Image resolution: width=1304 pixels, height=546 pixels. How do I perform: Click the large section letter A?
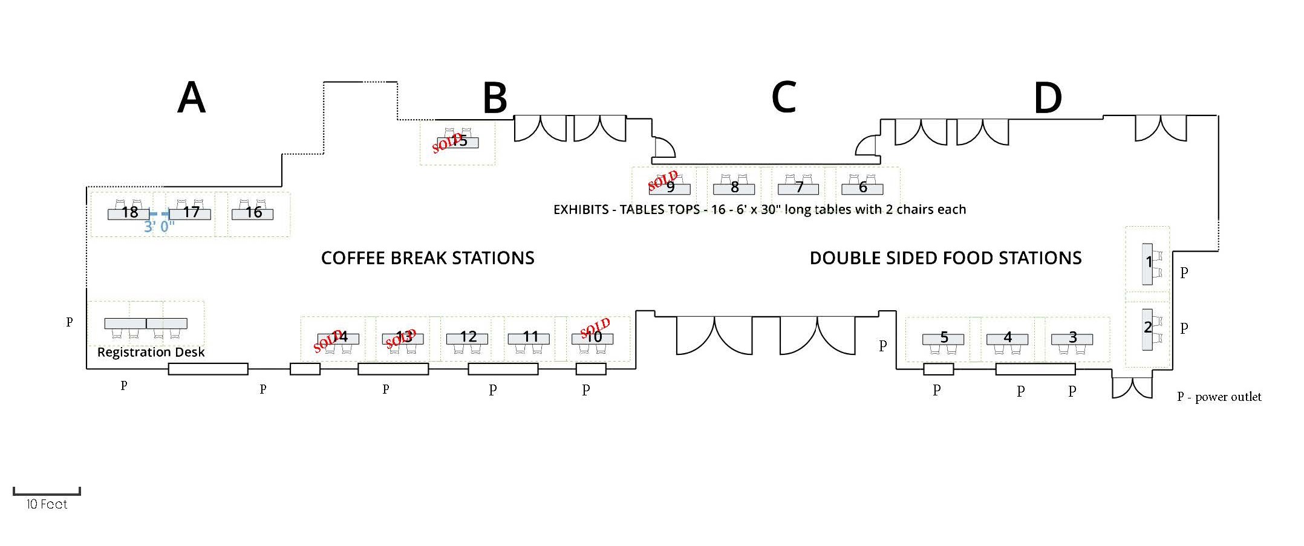click(191, 98)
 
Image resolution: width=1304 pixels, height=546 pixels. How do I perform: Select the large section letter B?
click(495, 99)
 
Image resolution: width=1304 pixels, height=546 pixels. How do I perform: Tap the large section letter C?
click(783, 97)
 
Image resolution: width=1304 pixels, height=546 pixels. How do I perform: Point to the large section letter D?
click(1048, 99)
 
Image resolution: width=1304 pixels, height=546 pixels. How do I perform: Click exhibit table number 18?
click(129, 213)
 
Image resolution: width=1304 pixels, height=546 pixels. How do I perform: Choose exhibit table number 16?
click(253, 213)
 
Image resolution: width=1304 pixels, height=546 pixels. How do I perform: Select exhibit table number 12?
click(468, 337)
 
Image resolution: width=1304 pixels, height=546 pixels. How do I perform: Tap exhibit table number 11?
click(530, 337)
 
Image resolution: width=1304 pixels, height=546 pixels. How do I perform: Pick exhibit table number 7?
click(798, 187)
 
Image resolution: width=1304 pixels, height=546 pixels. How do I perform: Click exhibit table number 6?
click(862, 187)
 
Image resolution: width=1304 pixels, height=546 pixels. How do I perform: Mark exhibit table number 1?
click(1148, 263)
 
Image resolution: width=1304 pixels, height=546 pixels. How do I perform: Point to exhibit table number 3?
click(1072, 337)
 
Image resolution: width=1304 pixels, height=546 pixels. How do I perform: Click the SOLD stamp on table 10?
click(595, 328)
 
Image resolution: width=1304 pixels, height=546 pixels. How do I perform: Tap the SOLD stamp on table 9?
click(663, 180)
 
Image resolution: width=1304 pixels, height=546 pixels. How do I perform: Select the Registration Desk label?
click(151, 353)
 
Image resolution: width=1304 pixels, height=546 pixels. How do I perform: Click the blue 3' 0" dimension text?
click(159, 227)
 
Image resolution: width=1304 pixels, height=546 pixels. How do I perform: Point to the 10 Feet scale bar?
click(47, 493)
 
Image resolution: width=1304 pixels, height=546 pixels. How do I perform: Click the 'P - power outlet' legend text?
click(1219, 397)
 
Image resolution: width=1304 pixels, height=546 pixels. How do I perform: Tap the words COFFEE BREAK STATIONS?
click(428, 259)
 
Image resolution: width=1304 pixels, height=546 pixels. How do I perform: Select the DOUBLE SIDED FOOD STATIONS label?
click(945, 259)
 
